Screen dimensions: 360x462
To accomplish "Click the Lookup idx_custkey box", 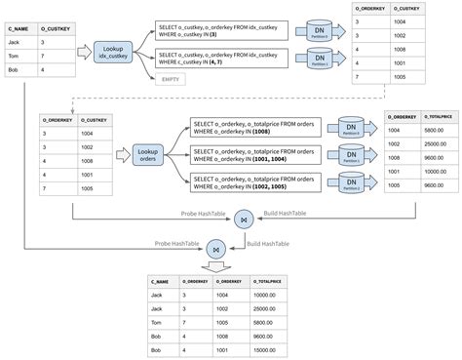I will (x=115, y=55).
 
